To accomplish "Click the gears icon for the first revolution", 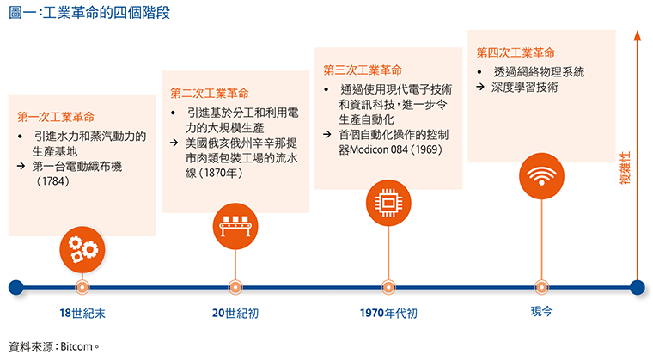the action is tap(82, 250).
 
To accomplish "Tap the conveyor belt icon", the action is tap(235, 226).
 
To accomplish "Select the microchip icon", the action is tap(388, 203).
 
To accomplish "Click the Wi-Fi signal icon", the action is tap(541, 176).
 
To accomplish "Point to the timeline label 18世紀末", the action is tap(82, 313).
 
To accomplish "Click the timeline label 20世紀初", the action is tap(235, 313).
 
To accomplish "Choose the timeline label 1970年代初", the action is tap(388, 313).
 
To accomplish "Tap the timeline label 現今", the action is tap(541, 311).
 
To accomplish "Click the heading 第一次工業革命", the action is tap(56, 117).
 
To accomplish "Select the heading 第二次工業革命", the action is tap(210, 94).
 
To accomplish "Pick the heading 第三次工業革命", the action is tap(363, 70).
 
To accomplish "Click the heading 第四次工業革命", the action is tap(516, 52).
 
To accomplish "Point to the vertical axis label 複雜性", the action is tap(626, 168).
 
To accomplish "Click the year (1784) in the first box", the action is tap(53, 181).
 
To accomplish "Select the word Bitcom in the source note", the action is tap(76, 346).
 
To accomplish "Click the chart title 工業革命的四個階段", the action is tap(107, 13).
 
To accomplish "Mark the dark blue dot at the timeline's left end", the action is tap(15, 288).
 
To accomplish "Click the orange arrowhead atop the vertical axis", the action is tap(638, 36).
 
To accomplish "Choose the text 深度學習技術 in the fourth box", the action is tap(525, 87).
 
